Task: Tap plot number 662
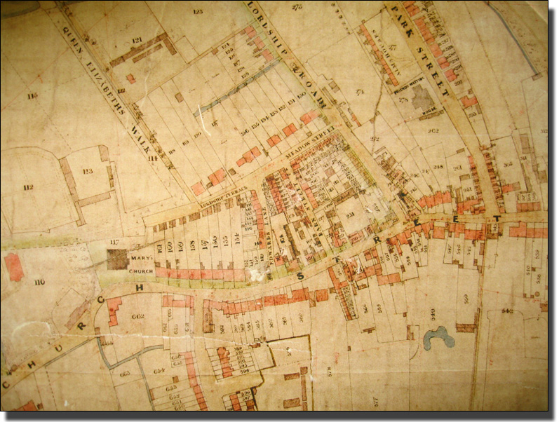[137, 317]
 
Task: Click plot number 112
[28, 187]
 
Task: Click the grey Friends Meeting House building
[423, 99]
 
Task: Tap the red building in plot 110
[13, 266]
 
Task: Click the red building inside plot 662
[114, 311]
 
